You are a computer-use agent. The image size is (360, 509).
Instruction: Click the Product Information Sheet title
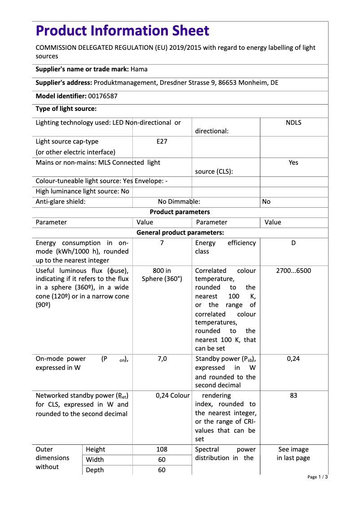click(123, 31)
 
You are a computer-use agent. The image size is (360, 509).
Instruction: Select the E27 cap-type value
click(162, 141)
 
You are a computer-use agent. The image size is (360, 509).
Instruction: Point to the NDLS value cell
click(294, 123)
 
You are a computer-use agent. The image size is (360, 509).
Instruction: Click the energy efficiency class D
click(294, 243)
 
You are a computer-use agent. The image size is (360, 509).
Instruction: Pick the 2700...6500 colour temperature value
click(294, 271)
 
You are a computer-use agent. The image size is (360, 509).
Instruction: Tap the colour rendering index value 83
click(294, 395)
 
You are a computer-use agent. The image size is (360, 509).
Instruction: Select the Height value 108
click(162, 449)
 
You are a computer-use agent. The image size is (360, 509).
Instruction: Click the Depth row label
click(95, 470)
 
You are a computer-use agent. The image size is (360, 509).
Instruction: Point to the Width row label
click(95, 460)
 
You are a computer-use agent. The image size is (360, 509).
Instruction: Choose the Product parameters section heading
click(180, 212)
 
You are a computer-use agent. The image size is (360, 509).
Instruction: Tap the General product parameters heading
click(180, 233)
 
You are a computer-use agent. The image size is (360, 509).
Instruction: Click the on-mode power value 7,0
click(162, 359)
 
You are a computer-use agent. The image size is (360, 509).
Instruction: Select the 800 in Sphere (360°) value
click(162, 275)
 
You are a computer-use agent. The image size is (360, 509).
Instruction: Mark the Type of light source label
click(66, 109)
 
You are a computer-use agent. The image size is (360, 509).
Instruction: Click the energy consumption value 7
click(162, 243)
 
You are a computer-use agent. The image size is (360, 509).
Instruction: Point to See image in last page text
click(294, 453)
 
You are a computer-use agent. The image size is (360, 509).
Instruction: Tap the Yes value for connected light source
click(294, 162)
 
